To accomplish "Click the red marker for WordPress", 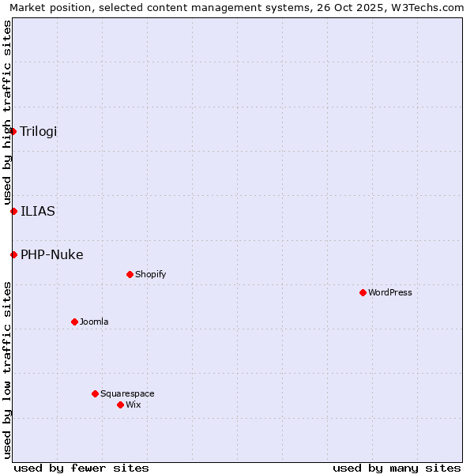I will click(363, 292).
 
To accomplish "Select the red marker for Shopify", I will click(130, 274).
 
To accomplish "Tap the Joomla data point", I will click(74, 322).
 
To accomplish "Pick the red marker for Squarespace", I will click(95, 393).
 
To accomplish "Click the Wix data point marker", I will click(120, 404).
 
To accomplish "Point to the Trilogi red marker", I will click(13, 131).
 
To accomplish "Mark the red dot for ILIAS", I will click(13, 211).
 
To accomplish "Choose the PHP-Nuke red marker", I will click(13, 254).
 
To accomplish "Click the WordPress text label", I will click(390, 292).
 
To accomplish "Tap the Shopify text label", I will click(151, 274).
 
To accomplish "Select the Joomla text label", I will click(94, 322).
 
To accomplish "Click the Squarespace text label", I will click(127, 393).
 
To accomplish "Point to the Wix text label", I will click(134, 404).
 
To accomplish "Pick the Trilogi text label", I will click(39, 131).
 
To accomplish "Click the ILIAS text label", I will click(38, 211).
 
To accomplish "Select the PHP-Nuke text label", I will click(52, 254).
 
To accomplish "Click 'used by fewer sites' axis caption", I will click(81, 468).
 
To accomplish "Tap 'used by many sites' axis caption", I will click(397, 468).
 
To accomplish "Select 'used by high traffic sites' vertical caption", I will click(7, 112).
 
